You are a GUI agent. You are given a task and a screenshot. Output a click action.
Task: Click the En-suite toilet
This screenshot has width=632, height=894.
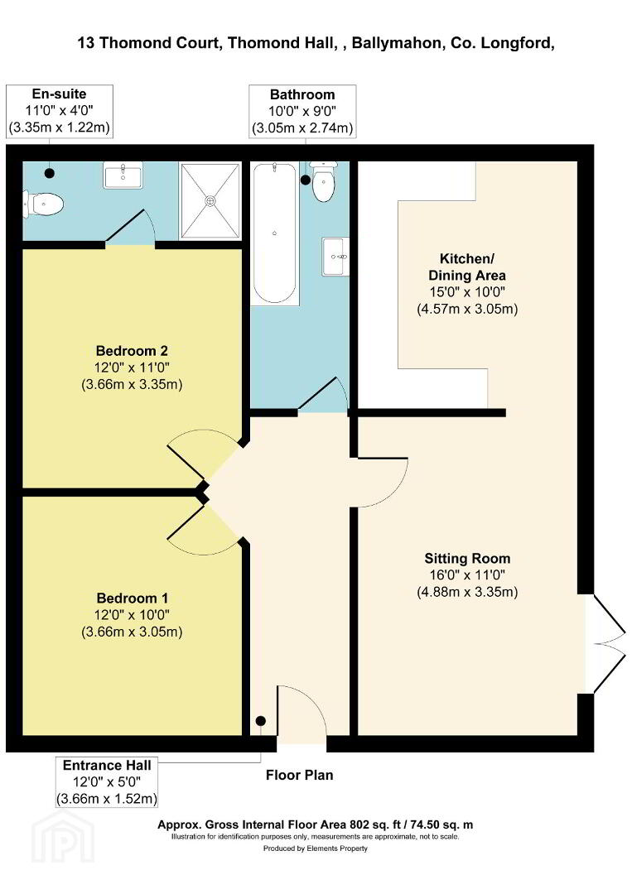(43, 204)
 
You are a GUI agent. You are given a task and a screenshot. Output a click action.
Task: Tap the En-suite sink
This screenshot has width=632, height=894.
(123, 175)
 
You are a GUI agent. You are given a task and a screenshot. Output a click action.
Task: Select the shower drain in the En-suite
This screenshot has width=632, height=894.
(210, 200)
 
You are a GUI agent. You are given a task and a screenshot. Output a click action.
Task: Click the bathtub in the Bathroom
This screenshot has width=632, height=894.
(275, 233)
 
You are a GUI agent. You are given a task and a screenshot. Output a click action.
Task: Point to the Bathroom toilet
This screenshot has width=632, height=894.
(323, 181)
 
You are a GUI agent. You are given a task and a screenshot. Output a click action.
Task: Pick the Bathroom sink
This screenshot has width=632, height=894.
(336, 257)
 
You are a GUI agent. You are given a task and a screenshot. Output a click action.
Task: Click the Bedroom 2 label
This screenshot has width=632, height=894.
(132, 351)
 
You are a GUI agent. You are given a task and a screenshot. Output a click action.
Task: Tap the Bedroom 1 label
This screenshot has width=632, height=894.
(133, 598)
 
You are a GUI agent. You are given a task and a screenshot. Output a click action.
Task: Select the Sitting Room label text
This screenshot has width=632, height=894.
(467, 558)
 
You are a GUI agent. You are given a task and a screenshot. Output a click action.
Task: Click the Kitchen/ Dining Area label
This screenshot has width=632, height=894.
(467, 267)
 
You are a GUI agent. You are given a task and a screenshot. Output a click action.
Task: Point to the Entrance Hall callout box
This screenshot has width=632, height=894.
(107, 781)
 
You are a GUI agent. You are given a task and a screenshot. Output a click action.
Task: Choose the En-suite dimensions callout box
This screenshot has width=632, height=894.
(60, 111)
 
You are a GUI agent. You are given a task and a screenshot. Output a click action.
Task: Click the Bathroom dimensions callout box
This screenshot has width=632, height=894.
(302, 112)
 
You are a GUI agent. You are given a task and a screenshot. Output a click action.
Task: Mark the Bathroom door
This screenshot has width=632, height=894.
(323, 393)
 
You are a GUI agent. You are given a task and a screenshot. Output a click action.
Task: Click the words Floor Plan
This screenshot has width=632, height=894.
(300, 775)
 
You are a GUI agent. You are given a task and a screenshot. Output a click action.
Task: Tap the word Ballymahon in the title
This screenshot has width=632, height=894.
(397, 43)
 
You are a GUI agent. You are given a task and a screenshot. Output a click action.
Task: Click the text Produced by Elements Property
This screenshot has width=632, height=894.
(316, 848)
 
